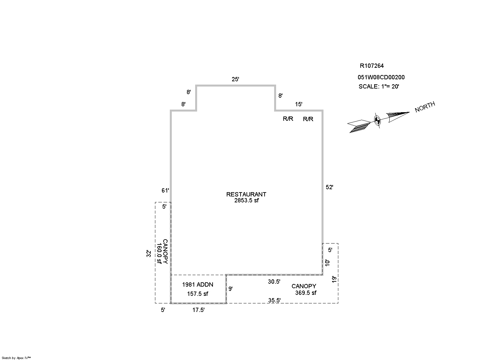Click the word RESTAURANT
(246, 194)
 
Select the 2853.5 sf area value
(246, 200)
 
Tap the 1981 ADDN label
(197, 285)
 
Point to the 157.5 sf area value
(197, 294)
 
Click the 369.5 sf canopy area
(306, 293)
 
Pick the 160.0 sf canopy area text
(159, 253)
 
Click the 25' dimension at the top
(235, 79)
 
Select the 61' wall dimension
(165, 191)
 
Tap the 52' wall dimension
(329, 187)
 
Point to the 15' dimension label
(298, 104)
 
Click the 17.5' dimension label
(198, 310)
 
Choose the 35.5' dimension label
(274, 300)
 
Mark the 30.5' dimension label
(274, 282)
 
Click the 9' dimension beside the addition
(230, 289)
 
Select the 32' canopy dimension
(149, 254)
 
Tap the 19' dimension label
(334, 279)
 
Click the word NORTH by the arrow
(425, 107)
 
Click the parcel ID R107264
(372, 66)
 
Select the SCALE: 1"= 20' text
(379, 87)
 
